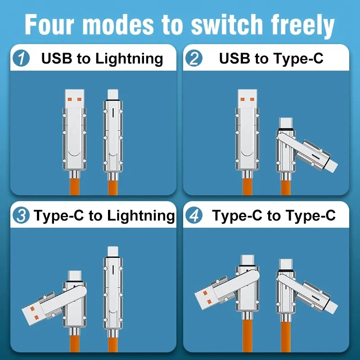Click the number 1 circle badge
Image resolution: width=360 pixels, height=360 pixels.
tap(21, 59)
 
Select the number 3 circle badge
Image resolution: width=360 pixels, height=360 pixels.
tap(21, 216)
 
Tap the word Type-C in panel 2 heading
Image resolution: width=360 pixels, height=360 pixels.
tap(298, 59)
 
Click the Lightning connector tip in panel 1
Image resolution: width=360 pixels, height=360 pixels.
tap(113, 94)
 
